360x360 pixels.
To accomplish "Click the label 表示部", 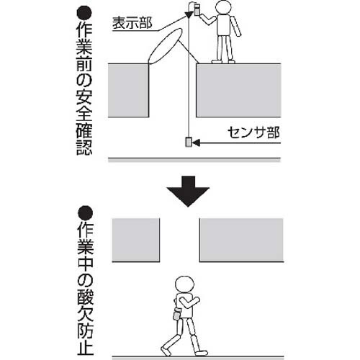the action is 132,23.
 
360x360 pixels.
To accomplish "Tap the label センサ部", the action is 253,132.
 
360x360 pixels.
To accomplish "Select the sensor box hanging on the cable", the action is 189,143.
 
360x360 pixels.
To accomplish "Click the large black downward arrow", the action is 188,192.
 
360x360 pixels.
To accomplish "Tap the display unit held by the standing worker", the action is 197,9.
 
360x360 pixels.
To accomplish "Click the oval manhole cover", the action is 165,47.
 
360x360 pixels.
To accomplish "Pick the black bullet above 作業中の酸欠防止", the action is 86,213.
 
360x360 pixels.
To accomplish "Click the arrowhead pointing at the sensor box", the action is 196,143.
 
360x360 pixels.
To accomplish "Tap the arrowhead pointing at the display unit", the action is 189,14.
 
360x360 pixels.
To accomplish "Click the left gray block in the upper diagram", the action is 128,91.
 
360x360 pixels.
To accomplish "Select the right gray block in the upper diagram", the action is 238,91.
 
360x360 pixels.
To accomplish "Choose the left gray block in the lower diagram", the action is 136,240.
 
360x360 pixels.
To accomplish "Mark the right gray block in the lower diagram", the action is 241,240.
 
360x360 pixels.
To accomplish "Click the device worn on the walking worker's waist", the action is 176,315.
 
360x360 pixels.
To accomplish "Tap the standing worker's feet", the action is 223,61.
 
